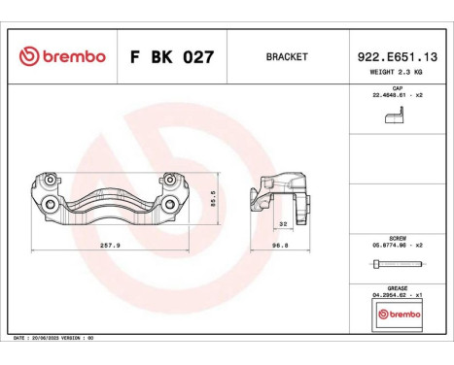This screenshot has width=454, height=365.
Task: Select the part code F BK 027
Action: [172, 57]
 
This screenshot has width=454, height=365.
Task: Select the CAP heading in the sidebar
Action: [398, 87]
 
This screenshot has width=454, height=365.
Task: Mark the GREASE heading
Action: [397, 287]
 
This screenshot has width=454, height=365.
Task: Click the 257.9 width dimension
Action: [113, 246]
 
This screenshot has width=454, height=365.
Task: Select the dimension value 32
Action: [283, 223]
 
